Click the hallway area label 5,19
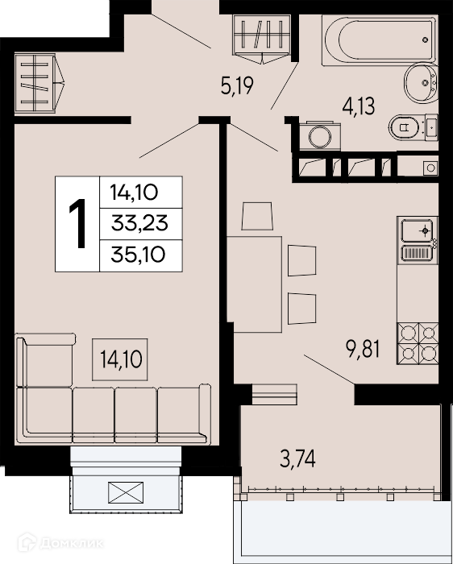pyautogui.click(x=237, y=85)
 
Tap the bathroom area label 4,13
pyautogui.click(x=359, y=106)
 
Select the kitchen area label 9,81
pyautogui.click(x=363, y=348)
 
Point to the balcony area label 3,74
pyautogui.click(x=297, y=459)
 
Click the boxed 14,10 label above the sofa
pyautogui.click(x=120, y=359)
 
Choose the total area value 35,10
pyautogui.click(x=139, y=255)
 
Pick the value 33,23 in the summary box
pyautogui.click(x=139, y=223)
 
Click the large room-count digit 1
pyautogui.click(x=77, y=223)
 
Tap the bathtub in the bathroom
pyautogui.click(x=380, y=40)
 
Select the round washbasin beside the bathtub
pyautogui.click(x=421, y=83)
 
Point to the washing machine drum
pyautogui.click(x=320, y=136)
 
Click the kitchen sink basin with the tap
pyautogui.click(x=418, y=231)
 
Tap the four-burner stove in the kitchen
pyautogui.click(x=418, y=343)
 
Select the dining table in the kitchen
pyautogui.click(x=254, y=284)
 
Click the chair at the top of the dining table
pyautogui.click(x=257, y=216)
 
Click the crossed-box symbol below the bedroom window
pyautogui.click(x=126, y=492)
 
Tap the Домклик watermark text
pyautogui.click(x=60, y=543)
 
